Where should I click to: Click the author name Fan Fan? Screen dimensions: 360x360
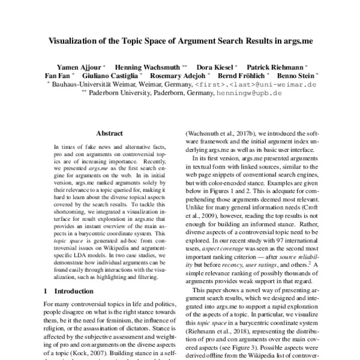click(58, 76)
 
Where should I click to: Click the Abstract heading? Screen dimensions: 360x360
click(110, 136)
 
